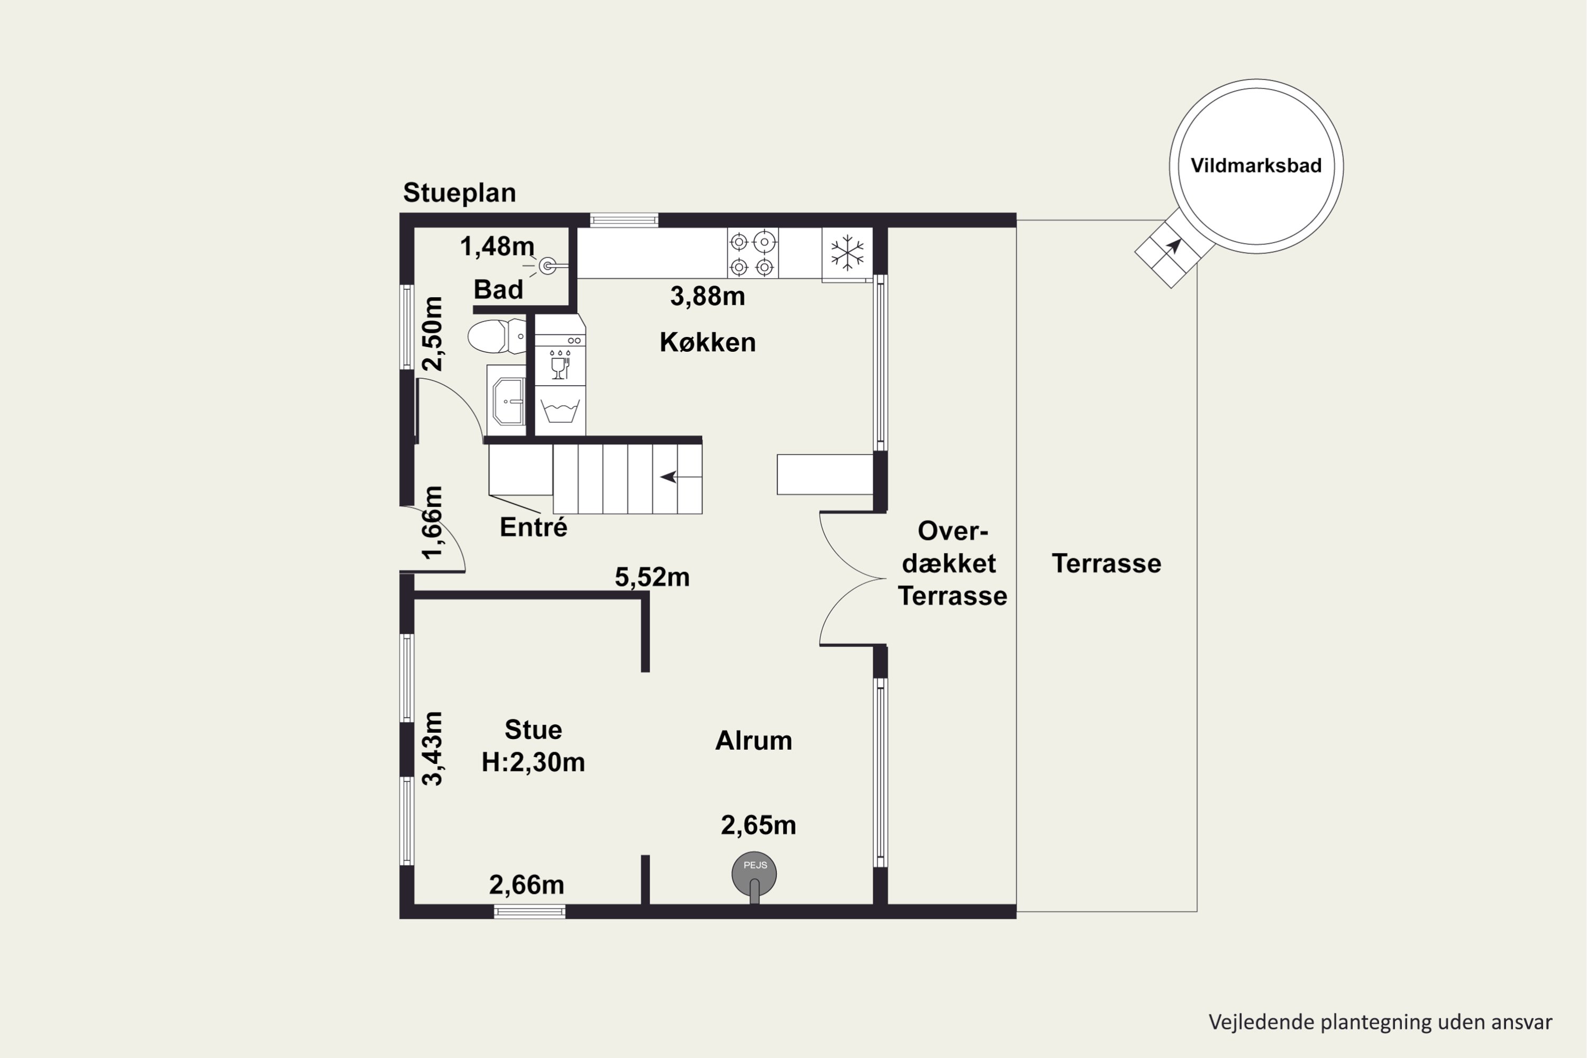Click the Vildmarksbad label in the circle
1256,166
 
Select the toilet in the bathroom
497,336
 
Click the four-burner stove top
752,253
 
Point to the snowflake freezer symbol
847,253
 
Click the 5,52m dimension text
652,578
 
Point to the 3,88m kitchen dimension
707,296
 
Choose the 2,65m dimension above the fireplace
759,825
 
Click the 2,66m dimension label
526,884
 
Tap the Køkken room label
707,342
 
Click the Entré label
533,527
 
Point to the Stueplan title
460,193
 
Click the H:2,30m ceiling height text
533,762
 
